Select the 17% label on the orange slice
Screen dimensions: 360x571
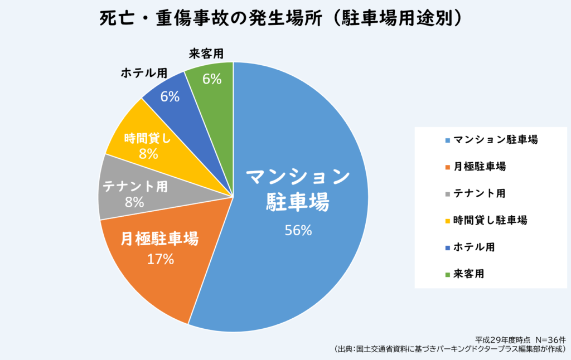point(161,259)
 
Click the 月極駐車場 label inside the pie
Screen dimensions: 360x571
point(159,240)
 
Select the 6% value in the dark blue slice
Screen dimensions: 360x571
point(169,96)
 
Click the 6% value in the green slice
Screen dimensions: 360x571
point(212,79)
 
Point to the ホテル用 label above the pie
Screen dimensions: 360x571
point(143,73)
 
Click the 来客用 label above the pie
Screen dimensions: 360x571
point(206,53)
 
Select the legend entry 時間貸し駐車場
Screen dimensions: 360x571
point(490,220)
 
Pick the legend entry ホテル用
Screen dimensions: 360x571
point(474,246)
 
